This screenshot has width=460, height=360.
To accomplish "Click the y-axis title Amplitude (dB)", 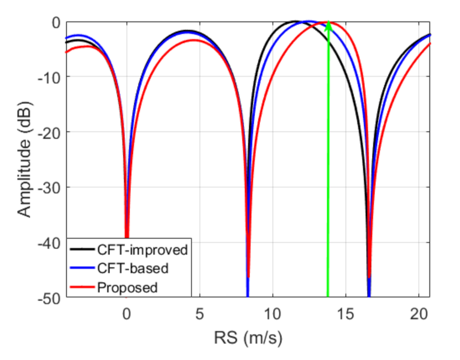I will (24, 159).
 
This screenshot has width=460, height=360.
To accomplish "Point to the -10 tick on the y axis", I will (51, 77).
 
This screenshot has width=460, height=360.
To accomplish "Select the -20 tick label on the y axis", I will (51, 132).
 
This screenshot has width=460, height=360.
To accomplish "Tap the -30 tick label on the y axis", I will (51, 187).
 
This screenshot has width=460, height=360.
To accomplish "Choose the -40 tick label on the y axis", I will (51, 243).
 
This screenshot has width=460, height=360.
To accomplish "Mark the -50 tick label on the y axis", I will (51, 298).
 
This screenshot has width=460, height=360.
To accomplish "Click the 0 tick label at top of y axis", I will (57, 22).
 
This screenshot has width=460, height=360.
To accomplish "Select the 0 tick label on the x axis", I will (127, 314).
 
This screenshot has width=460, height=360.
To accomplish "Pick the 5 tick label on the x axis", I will (200, 314).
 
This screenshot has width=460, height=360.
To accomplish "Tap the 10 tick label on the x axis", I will (273, 314).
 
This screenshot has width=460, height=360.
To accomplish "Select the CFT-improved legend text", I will (142, 250).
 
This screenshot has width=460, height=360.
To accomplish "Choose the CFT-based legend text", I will (133, 268).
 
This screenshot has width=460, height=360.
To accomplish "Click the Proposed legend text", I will (128, 287).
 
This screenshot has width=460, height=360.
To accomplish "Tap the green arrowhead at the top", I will (328, 26).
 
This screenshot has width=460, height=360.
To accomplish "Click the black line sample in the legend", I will (83, 250).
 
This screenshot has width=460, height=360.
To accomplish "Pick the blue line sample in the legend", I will (83, 268).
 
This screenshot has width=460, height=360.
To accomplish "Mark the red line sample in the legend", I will (83, 287).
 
